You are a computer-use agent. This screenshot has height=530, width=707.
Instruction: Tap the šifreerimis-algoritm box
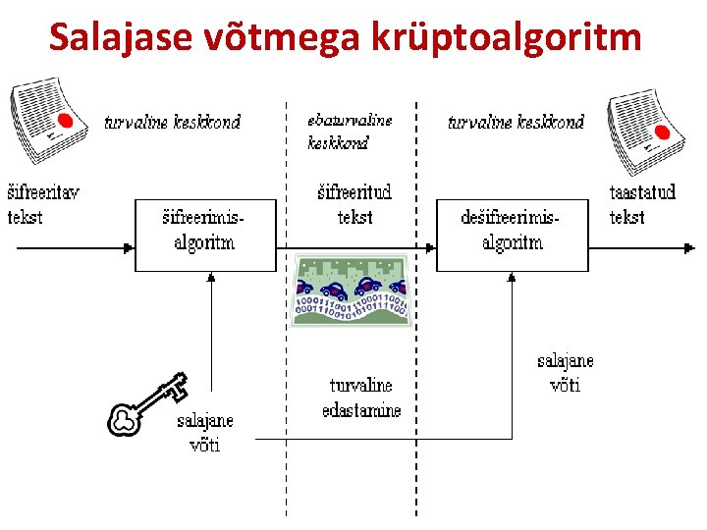(x=205, y=235)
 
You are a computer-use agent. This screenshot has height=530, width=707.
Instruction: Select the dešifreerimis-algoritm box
(x=512, y=235)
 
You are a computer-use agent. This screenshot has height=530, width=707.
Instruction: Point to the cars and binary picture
(x=351, y=291)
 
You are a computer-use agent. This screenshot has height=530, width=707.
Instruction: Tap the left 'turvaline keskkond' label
(x=173, y=123)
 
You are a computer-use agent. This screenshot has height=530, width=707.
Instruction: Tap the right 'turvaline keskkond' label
(x=516, y=123)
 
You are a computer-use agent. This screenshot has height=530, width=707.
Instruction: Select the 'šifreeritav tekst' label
(x=42, y=204)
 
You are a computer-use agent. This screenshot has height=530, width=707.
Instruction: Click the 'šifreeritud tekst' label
(x=354, y=204)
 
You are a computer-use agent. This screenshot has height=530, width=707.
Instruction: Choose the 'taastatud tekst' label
(x=642, y=204)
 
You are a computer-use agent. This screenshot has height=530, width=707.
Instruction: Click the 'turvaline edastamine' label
(x=361, y=397)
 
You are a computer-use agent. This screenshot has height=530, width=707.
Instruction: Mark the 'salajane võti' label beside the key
(x=205, y=432)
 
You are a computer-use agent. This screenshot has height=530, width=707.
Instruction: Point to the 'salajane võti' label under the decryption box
(x=565, y=373)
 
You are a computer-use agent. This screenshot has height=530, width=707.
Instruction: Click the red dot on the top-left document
(x=66, y=120)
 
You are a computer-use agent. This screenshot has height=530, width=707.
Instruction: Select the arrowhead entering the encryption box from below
(x=211, y=279)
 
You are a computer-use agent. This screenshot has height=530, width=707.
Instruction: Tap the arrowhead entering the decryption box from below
(x=512, y=279)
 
